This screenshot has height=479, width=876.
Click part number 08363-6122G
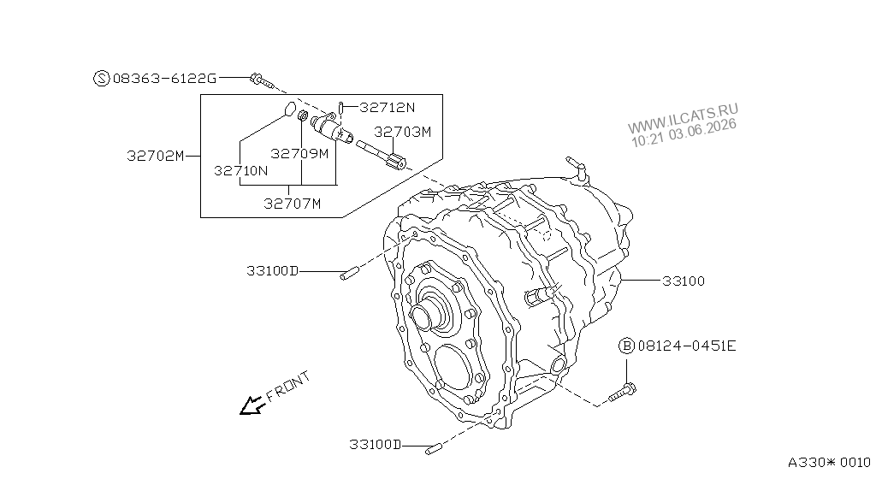pos(164,79)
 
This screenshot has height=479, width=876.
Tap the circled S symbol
pos(101,78)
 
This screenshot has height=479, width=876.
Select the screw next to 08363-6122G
pos(262,80)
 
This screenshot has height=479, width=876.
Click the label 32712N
pos(388,107)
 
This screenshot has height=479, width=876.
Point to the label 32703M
pos(402,132)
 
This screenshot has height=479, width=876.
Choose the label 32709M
pos(299,153)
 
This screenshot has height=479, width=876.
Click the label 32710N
pos(240,171)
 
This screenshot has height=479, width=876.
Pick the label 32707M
pos(293,204)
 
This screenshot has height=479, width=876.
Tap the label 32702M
pos(156,156)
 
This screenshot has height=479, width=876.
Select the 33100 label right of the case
pos(684,281)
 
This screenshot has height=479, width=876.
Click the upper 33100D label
pos(273,271)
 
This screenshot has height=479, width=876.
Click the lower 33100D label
pos(376,445)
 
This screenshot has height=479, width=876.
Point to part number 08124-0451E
pos(687,346)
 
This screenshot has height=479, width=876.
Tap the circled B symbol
pos(626,346)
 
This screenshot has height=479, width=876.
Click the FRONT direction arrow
pos(252,405)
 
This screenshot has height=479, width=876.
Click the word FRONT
pos(287,387)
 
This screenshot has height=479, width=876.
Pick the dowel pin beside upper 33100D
pos(349,274)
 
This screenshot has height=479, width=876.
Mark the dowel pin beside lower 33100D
pos(434,447)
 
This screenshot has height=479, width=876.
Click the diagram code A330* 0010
pos(829,462)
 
